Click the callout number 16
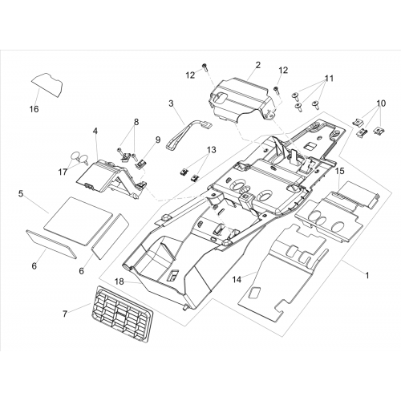coord(34,109)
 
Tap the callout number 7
coord(65,314)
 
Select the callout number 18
coord(119,282)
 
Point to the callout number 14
coord(237,279)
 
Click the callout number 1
coord(367,275)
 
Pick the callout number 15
coord(340,171)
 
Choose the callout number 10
coord(381,103)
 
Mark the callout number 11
coord(329,79)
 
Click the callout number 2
coord(257,65)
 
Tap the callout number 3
coord(171,103)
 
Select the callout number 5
coord(21,193)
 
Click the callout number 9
coord(158,140)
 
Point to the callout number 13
coord(211,150)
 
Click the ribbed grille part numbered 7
coord(122,314)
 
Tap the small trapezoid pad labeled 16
coord(47,84)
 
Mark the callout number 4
coord(95,132)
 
